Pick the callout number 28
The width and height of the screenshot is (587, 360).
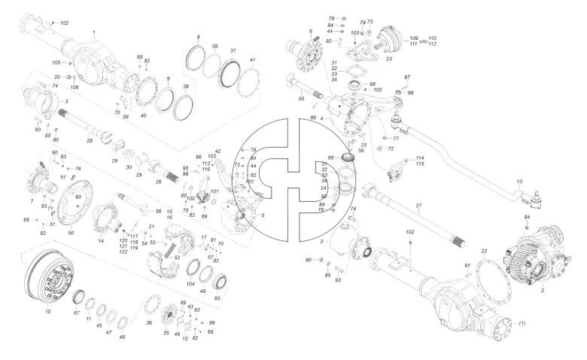click(90, 141)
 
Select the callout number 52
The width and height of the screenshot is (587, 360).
click(177, 257)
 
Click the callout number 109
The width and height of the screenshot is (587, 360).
click(414, 38)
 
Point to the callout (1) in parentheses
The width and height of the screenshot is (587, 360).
click(522, 323)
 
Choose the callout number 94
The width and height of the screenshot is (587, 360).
click(526, 217)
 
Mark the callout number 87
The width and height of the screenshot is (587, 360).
click(407, 78)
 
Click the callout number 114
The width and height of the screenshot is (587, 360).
click(420, 157)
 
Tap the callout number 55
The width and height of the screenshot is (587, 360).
click(301, 99)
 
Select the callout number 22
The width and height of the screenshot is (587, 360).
click(485, 251)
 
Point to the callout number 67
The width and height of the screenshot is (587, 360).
click(76, 312)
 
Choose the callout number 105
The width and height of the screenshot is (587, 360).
click(56, 63)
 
